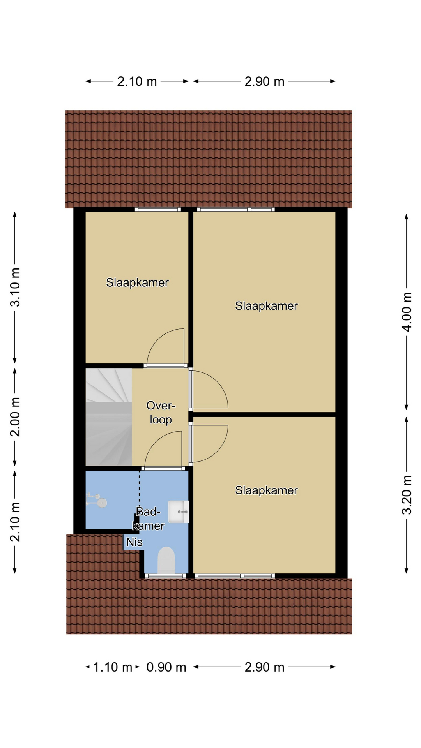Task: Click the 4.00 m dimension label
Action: coord(407,312)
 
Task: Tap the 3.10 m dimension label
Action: coord(15,288)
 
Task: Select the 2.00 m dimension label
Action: coord(15,417)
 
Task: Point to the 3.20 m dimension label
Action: coord(407,495)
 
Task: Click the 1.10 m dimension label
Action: coord(113,667)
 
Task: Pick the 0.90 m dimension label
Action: coord(166,667)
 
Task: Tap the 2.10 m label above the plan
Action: coord(137,81)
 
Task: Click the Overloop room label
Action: coord(161,413)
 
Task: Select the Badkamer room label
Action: coord(149,519)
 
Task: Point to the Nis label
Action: coord(134,542)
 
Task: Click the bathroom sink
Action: coord(179,512)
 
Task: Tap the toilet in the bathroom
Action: coord(166,560)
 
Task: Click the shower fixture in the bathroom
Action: coord(97,500)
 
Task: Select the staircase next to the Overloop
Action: coord(109,417)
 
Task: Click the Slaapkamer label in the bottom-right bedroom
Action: coord(266,490)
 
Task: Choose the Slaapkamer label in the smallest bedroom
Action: coord(137,282)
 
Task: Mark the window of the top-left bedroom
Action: coord(158,209)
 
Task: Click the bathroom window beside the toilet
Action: coord(165,575)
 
